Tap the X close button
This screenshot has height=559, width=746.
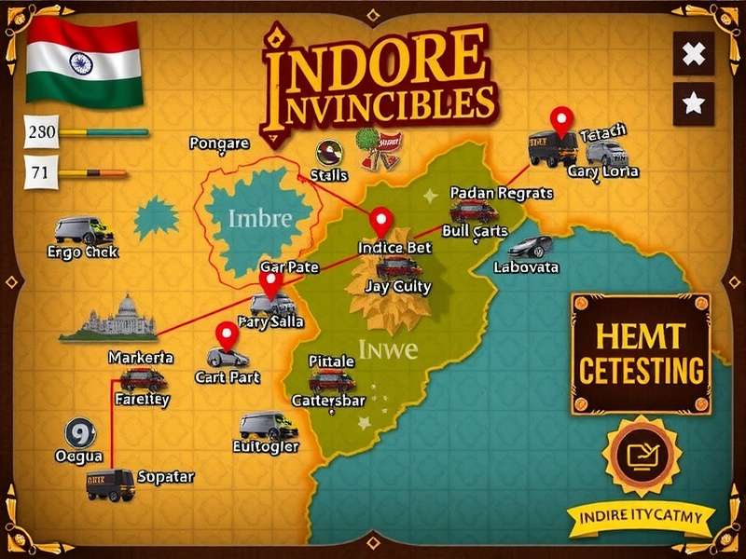(x=693, y=54)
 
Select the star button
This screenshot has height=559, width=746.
(x=693, y=103)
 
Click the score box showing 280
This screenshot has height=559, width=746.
(x=43, y=132)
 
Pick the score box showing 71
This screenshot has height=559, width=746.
(x=40, y=172)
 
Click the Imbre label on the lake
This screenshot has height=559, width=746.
(x=259, y=220)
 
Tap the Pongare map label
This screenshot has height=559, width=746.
(x=219, y=143)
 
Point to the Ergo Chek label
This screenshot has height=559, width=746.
(x=82, y=252)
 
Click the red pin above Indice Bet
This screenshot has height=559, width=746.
(x=380, y=221)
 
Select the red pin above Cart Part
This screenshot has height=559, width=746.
(x=227, y=334)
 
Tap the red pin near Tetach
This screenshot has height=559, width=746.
(x=560, y=119)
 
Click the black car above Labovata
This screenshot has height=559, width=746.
(x=531, y=247)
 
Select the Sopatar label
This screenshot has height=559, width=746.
(x=166, y=477)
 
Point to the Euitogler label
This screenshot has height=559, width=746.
(x=265, y=446)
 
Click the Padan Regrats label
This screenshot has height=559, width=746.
(x=501, y=193)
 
